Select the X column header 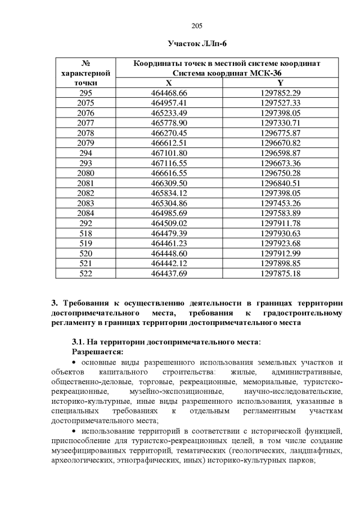(169, 83)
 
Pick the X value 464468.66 (169, 93)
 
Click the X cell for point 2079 (169, 143)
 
